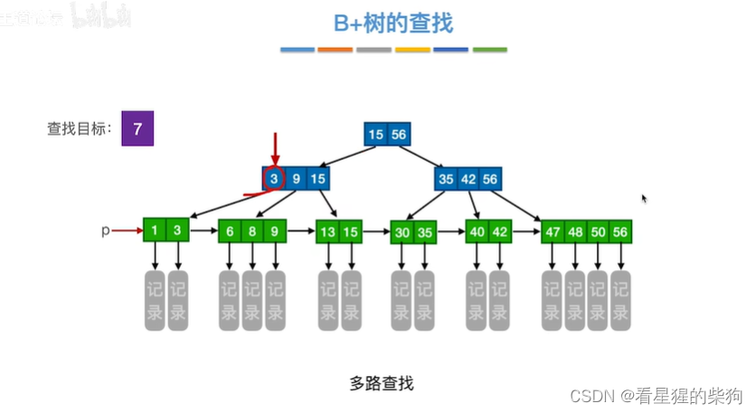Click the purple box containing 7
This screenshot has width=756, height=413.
137,128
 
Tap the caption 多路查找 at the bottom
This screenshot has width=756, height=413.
381,382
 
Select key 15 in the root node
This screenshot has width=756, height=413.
376,135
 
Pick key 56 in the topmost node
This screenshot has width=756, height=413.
399,135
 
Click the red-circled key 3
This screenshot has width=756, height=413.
274,179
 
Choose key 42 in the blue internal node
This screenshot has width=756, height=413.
468,179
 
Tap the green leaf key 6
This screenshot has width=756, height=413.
231,231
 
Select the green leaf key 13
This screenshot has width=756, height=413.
327,232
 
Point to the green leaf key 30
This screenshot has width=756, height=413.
402,232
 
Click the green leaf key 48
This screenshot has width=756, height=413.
574,232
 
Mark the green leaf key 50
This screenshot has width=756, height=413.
597,232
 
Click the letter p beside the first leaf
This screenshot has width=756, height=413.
105,231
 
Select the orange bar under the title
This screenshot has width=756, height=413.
335,50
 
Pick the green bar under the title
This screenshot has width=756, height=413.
489,50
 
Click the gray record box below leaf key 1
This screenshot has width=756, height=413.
156,299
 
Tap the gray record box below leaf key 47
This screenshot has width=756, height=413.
552,299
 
